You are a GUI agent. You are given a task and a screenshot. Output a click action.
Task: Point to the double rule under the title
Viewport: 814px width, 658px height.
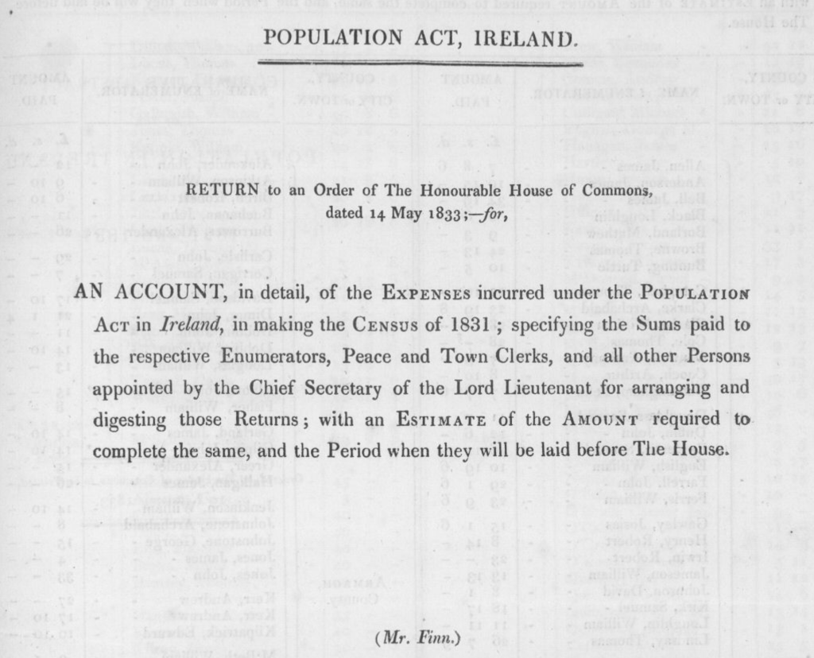click(421, 62)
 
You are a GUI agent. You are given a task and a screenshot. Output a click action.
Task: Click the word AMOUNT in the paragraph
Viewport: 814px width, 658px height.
click(609, 419)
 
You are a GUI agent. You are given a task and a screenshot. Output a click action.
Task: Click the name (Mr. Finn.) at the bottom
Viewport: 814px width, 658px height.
click(417, 637)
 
